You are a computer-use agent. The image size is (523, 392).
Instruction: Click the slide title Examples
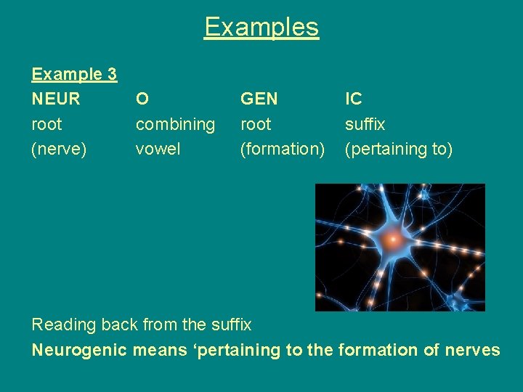(261, 28)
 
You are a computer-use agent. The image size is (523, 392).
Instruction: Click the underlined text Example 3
(74, 74)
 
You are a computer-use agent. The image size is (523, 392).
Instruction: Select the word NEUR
(56, 99)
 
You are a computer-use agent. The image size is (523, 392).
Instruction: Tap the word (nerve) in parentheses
(59, 149)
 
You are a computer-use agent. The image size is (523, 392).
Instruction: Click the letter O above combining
(143, 99)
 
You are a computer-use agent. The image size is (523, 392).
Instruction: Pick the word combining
(175, 124)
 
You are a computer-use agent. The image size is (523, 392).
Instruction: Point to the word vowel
(158, 149)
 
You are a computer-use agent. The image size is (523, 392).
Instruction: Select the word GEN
(259, 99)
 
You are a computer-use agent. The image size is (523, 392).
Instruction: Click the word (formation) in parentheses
(283, 149)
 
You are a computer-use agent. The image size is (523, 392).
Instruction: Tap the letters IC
(354, 99)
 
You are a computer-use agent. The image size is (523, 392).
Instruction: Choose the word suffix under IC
(365, 124)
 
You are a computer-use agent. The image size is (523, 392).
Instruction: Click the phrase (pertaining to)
(399, 149)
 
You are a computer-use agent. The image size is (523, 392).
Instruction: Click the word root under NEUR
(46, 124)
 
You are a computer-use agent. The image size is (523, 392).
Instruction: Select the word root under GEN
(256, 124)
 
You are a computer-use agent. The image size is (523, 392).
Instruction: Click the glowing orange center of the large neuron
(393, 238)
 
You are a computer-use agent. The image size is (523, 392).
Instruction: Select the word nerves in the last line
(471, 350)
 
